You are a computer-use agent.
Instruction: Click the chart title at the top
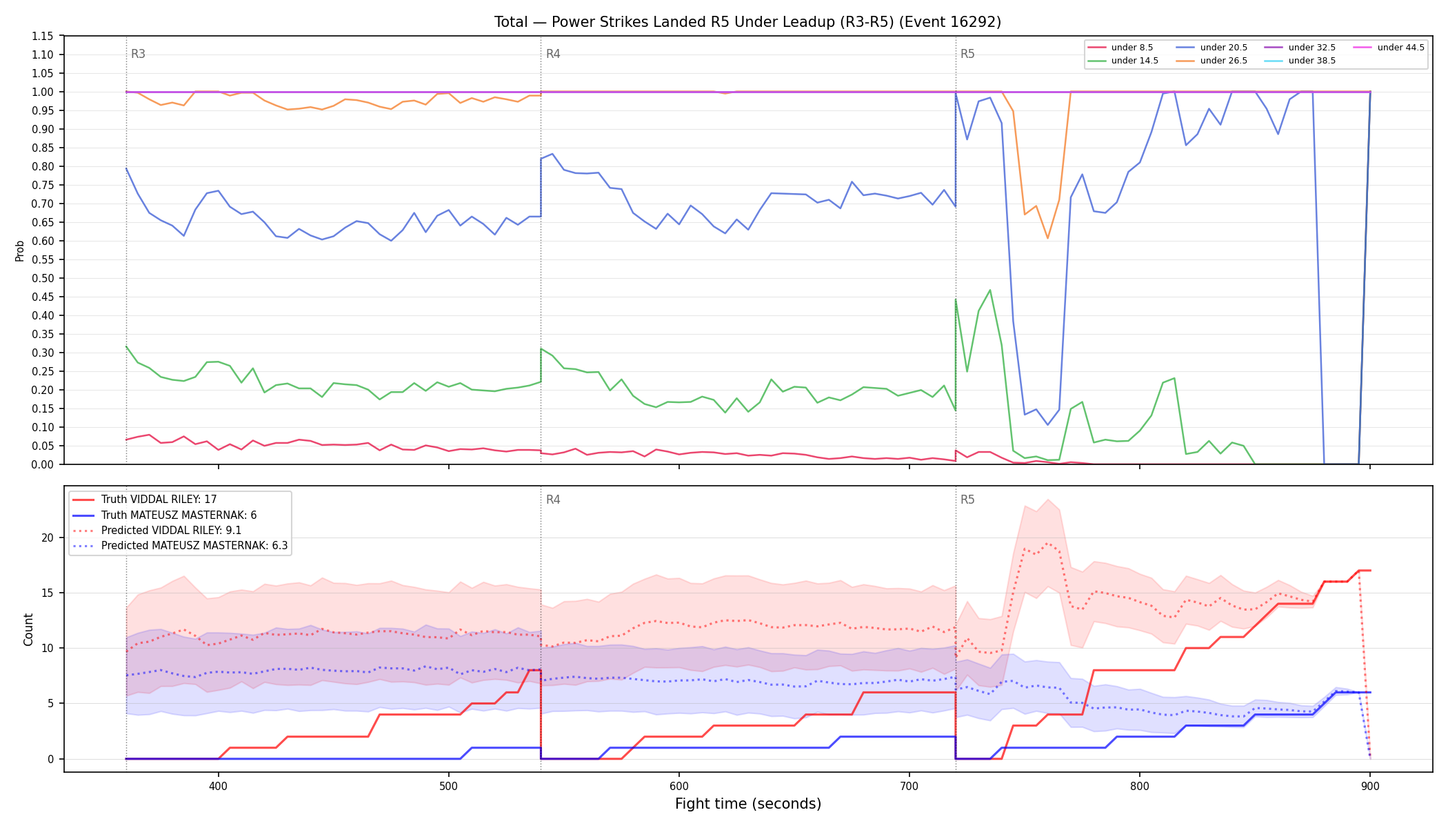[747, 22]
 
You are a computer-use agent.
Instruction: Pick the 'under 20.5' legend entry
[1211, 48]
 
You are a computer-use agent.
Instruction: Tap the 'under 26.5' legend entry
[1211, 61]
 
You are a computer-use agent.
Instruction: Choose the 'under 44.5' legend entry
[1389, 48]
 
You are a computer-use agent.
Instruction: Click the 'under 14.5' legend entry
[1123, 61]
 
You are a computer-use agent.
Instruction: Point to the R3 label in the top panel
[138, 54]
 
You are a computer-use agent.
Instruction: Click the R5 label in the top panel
[967, 54]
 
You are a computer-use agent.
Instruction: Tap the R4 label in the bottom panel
[553, 500]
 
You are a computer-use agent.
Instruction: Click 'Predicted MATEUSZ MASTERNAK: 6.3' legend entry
[181, 546]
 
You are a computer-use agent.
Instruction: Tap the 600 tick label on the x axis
[679, 786]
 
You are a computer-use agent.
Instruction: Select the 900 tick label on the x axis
[1370, 786]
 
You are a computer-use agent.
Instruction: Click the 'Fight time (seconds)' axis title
[748, 804]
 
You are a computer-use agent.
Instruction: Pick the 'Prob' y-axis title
[19, 250]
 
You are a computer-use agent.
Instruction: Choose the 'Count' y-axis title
[28, 629]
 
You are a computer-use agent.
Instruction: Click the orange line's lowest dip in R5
[1047, 238]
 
